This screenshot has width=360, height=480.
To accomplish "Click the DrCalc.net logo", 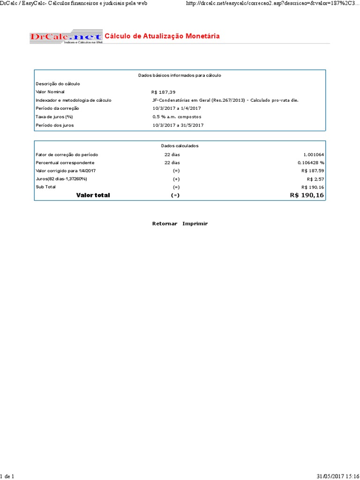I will click(x=66, y=37).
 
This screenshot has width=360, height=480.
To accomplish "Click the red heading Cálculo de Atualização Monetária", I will click(x=162, y=36).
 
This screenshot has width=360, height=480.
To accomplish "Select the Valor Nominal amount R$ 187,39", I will click(x=163, y=92).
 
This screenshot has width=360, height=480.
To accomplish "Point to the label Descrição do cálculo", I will click(x=58, y=83).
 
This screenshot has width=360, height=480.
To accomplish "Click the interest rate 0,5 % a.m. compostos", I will click(x=176, y=117).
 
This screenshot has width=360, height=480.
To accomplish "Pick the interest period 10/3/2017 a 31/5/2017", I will click(x=178, y=125).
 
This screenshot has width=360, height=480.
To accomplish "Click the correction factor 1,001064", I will click(x=314, y=154).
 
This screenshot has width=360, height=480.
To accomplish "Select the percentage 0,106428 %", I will click(x=310, y=163).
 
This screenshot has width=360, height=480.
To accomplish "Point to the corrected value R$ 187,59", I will click(x=313, y=171).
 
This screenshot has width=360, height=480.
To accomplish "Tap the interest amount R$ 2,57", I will click(x=315, y=179).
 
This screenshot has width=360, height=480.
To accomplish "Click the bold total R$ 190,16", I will click(x=307, y=195).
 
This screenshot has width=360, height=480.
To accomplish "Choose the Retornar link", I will click(x=165, y=224).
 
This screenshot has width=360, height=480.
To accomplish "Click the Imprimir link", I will click(x=195, y=224).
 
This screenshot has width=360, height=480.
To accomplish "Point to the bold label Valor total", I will click(x=93, y=195).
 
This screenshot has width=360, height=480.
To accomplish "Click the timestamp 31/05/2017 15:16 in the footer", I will click(x=337, y=476).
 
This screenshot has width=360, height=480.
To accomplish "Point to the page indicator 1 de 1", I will click(x=7, y=476).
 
